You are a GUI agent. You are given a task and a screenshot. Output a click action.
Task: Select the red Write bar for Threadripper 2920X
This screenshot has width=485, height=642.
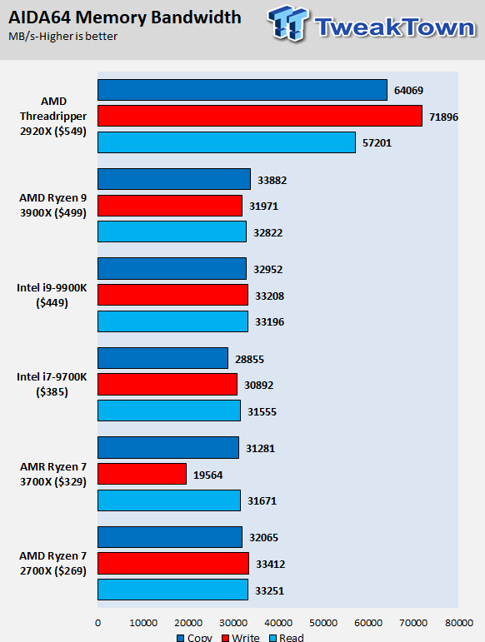point(260,117)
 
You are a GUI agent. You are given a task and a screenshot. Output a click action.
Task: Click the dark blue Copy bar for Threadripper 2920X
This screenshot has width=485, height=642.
point(242,90)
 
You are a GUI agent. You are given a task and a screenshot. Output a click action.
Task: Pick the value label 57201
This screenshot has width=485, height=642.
point(376,143)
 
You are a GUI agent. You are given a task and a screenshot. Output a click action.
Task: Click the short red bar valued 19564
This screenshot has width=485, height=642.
point(142,474)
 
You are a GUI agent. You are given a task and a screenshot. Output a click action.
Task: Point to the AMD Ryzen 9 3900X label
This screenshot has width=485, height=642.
point(52,206)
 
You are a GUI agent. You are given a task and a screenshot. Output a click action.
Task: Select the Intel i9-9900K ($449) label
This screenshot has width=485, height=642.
point(52,296)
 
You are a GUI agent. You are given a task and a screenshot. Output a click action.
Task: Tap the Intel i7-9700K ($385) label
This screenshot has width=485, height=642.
point(52,385)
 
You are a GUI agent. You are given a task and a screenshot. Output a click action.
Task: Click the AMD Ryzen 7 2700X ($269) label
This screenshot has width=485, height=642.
point(52,563)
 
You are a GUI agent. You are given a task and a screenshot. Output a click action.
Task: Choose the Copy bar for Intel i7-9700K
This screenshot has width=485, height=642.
point(162,358)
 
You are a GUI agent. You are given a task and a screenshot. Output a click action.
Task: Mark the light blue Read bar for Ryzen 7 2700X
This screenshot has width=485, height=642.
point(172,590)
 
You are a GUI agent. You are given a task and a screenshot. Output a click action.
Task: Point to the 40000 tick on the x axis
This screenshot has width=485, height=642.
point(277,622)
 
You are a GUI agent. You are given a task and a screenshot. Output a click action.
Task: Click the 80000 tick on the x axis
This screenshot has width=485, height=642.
point(457,622)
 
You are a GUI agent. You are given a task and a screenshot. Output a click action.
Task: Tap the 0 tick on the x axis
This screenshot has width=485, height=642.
point(97,622)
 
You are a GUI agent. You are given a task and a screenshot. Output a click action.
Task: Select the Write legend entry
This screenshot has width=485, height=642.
point(242,637)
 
